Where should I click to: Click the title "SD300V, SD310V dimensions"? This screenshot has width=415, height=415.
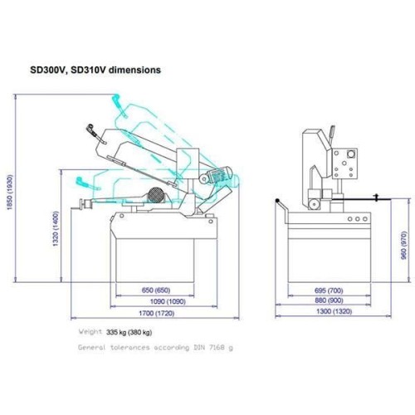click(x=95, y=70)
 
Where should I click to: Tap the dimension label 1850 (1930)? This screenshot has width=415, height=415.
click(x=10, y=192)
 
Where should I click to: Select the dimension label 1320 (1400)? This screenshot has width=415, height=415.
click(x=56, y=229)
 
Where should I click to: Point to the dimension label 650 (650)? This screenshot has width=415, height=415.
click(x=156, y=290)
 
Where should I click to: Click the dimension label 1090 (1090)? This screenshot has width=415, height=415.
click(x=168, y=301)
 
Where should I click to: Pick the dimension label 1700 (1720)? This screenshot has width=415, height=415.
click(x=157, y=313)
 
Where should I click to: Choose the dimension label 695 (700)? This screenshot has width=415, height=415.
click(x=329, y=290)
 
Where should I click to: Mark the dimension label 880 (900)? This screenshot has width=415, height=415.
click(x=329, y=300)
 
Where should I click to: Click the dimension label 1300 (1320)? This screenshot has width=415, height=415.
click(x=334, y=311)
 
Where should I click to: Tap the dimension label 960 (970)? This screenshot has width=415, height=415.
click(x=404, y=246)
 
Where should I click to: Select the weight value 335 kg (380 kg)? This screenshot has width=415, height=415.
click(x=129, y=332)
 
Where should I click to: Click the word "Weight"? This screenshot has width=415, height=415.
click(x=90, y=331)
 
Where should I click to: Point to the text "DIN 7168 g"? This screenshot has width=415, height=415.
click(x=213, y=347)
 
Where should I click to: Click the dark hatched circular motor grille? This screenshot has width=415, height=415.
click(x=157, y=194)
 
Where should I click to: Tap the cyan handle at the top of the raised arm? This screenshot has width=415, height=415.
click(x=119, y=105)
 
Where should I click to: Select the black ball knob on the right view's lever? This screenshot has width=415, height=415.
click(x=277, y=201)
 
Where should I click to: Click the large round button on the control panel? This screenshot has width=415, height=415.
click(x=351, y=154)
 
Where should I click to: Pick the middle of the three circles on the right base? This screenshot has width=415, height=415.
click(x=358, y=219)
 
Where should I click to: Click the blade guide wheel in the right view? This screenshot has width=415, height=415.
click(x=314, y=204)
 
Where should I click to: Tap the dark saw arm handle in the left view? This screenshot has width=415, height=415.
click(x=95, y=134)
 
